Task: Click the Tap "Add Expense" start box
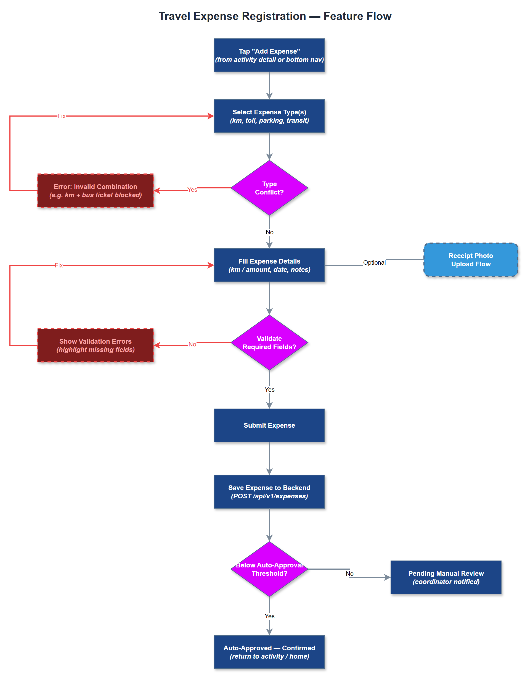pos(269,56)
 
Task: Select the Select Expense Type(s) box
pos(269,116)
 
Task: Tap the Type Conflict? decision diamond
pos(269,188)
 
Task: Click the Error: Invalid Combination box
pos(95,191)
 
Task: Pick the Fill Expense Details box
pos(269,265)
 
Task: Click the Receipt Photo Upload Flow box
pos(471,260)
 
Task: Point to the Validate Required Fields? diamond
pos(269,343)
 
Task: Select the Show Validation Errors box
pos(95,345)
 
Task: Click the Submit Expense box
pos(269,425)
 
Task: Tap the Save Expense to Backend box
pos(269,492)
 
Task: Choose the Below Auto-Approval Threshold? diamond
pos(269,569)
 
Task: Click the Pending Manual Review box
pos(446,578)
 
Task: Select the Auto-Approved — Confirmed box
pos(269,652)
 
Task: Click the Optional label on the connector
pos(374,262)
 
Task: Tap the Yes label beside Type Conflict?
pos(192,190)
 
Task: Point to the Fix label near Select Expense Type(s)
pos(62,116)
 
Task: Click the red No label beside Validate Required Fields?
pos(192,344)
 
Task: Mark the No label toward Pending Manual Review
pos(349,574)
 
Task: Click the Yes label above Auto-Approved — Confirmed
pos(269,616)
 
